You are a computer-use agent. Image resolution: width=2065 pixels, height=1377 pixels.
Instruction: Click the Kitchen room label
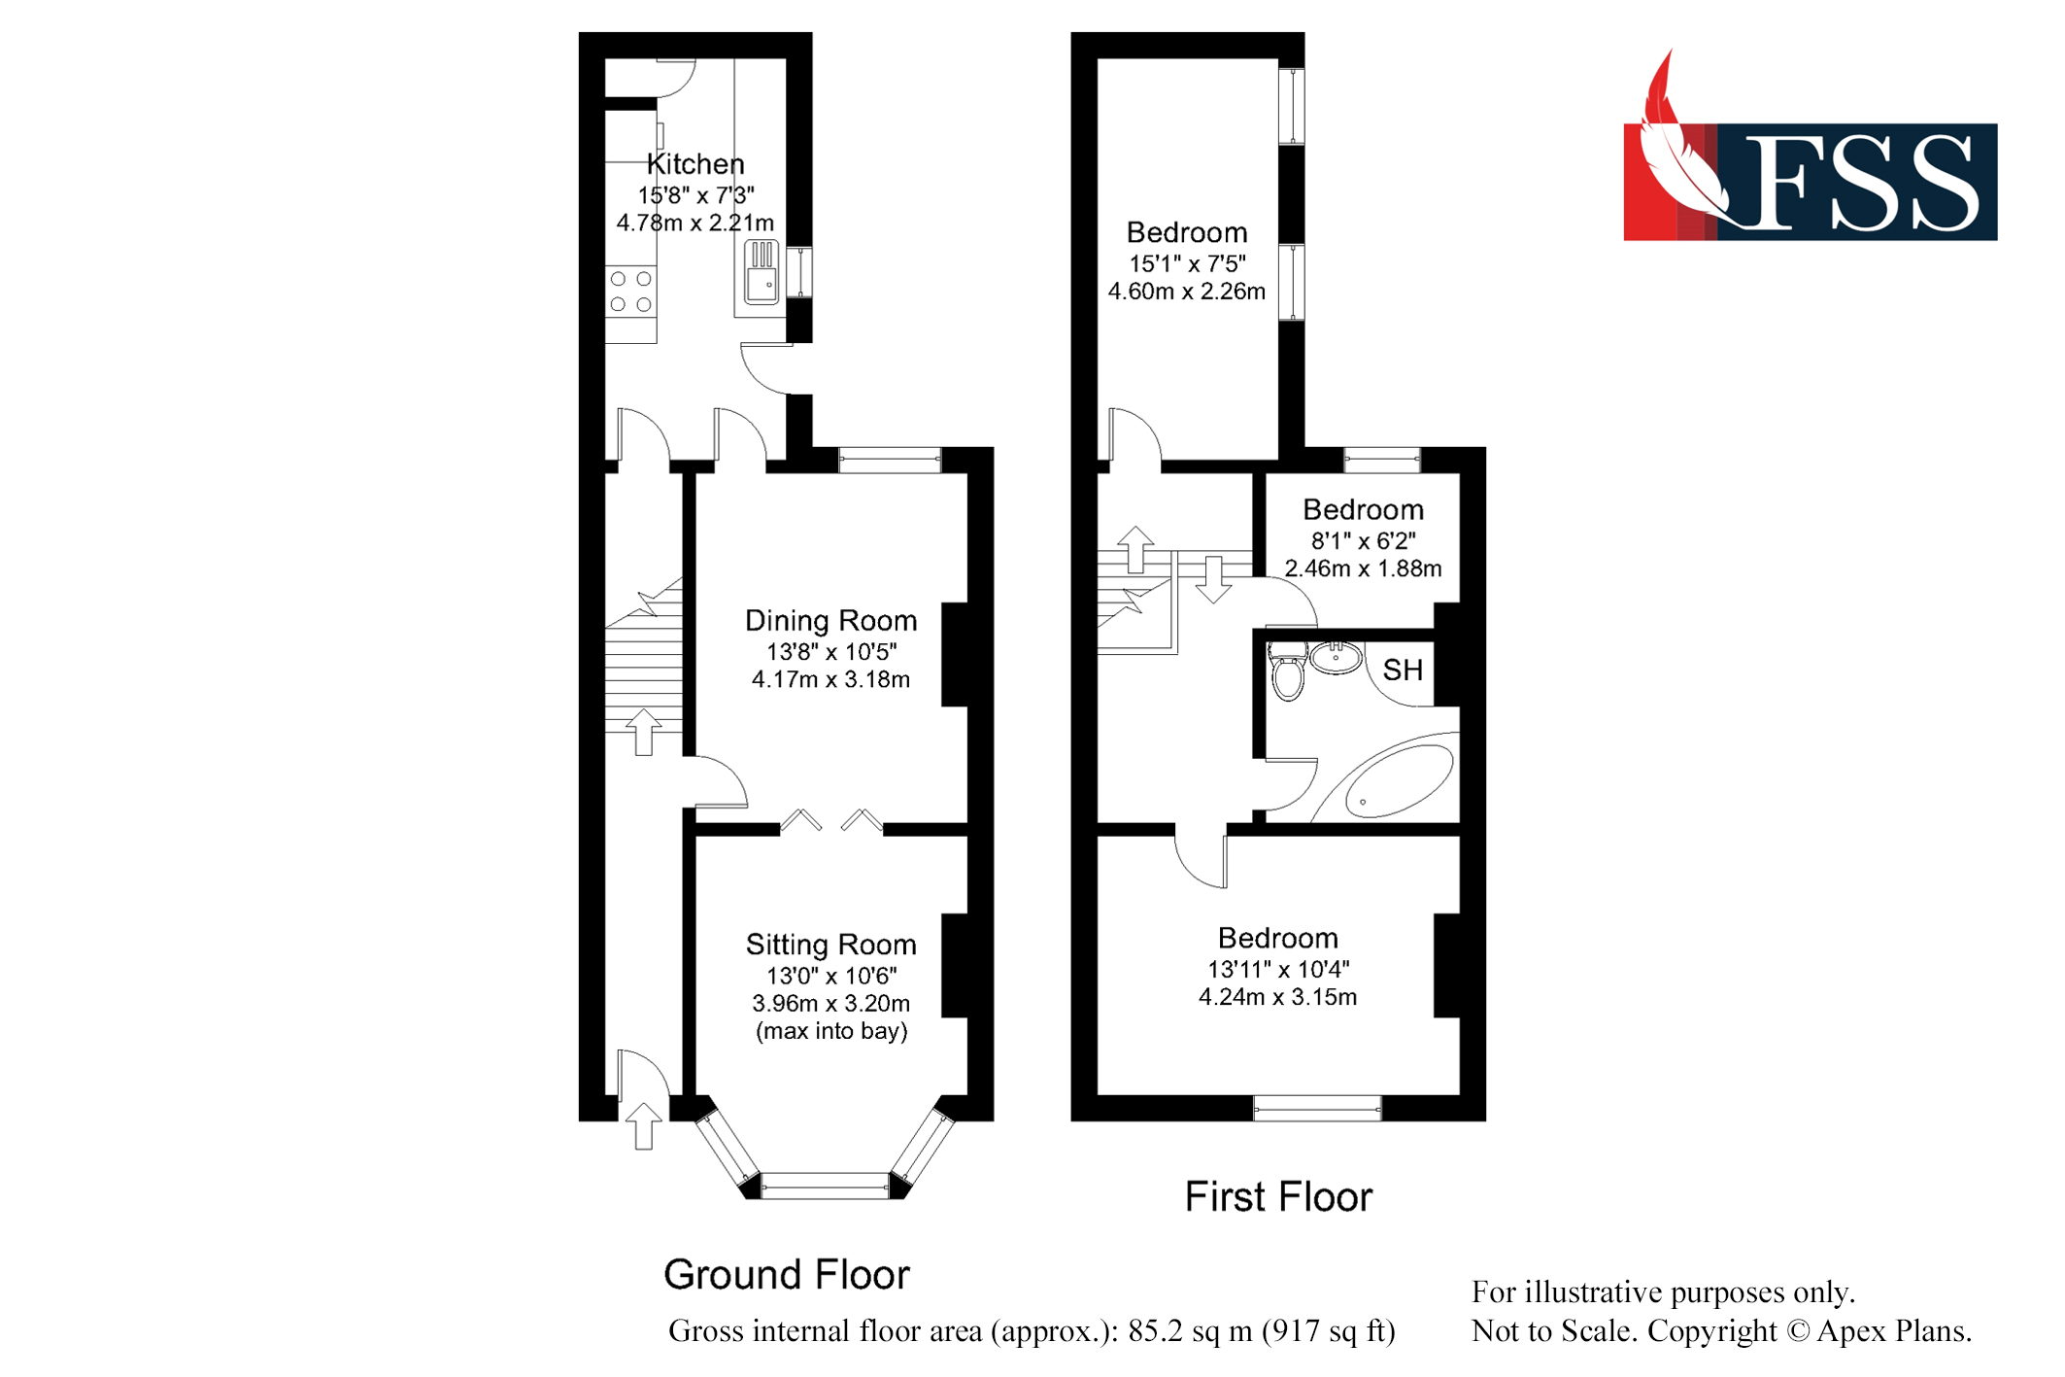point(695,163)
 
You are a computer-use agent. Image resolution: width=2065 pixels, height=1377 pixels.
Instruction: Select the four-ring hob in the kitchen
point(630,292)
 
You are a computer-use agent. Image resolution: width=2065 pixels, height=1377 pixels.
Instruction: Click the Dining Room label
point(830,620)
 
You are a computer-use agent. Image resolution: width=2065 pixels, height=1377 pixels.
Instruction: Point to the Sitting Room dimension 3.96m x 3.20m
point(830,1003)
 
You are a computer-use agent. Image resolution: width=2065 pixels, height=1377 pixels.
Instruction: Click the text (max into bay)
point(831,1031)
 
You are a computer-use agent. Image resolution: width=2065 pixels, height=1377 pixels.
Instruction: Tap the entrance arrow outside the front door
point(643,1126)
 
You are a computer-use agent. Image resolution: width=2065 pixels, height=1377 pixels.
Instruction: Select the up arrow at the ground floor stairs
point(643,732)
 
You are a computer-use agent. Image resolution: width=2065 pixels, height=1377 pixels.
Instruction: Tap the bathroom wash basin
point(1337,658)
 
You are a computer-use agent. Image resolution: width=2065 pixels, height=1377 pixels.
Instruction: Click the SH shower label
point(1403,670)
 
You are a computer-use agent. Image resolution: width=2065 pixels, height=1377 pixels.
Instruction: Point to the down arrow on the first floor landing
point(1213,579)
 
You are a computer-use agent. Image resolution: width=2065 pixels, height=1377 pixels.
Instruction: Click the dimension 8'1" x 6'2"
point(1363,540)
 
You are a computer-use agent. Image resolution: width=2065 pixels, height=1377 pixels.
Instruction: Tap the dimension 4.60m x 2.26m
point(1186,292)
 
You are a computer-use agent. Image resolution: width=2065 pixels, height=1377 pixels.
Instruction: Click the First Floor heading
point(1278,1197)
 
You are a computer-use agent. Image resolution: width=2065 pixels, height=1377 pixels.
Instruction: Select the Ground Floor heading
point(786,1274)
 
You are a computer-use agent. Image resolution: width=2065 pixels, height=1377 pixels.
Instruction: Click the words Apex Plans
point(1893,1330)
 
